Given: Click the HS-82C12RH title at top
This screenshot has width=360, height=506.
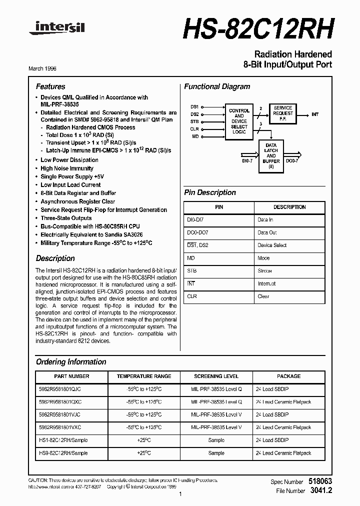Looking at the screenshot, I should point(258,29).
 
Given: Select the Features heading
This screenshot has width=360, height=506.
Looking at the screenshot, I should point(50,86).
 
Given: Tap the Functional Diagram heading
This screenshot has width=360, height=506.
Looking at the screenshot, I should point(217,86).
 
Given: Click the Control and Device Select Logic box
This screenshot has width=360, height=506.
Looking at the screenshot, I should point(239,121).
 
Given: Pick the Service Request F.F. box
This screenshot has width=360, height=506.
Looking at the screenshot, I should point(283,114).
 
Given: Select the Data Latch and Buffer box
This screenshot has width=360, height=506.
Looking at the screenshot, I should point(271,156).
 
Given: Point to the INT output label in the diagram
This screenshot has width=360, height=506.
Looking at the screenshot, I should point(315,114).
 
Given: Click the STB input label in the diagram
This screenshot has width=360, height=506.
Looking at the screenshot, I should point(194,121).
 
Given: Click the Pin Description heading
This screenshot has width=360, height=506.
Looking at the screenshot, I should point(210,192).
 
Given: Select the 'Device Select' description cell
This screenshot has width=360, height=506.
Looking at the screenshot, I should point(272,245).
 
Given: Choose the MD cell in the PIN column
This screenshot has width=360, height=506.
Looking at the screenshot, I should point(190,258).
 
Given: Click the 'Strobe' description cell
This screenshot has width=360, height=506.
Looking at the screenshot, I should point(264,271).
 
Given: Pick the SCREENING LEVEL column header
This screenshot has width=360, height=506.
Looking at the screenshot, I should point(216,376).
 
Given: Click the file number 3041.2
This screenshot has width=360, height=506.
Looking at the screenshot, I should point(321,490).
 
